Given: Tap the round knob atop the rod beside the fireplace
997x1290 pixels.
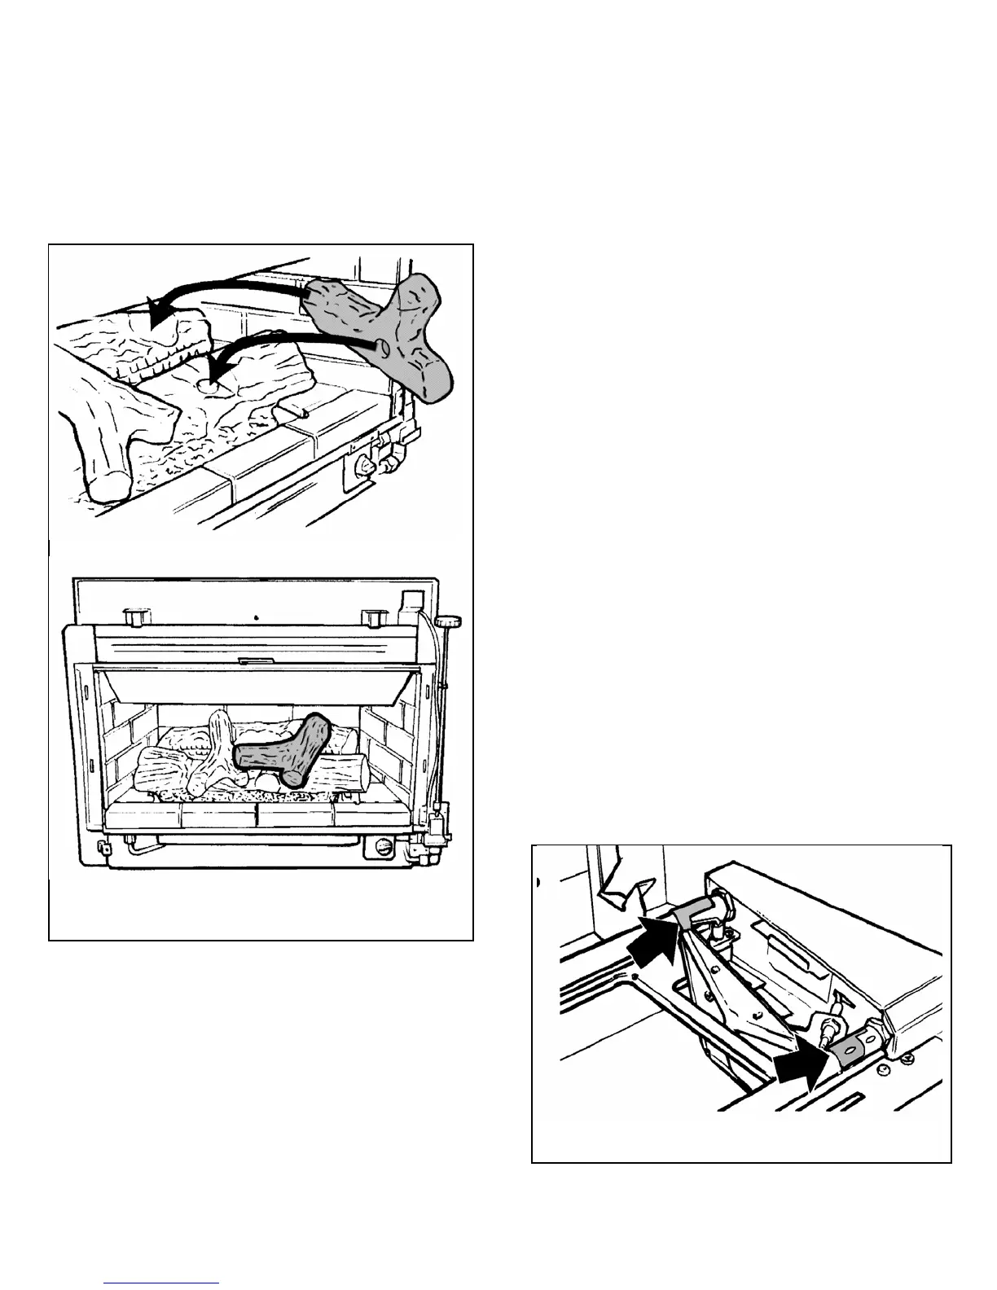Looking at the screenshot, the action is tap(448, 623).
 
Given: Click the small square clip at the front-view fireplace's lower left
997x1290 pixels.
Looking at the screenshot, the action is tap(103, 847).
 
